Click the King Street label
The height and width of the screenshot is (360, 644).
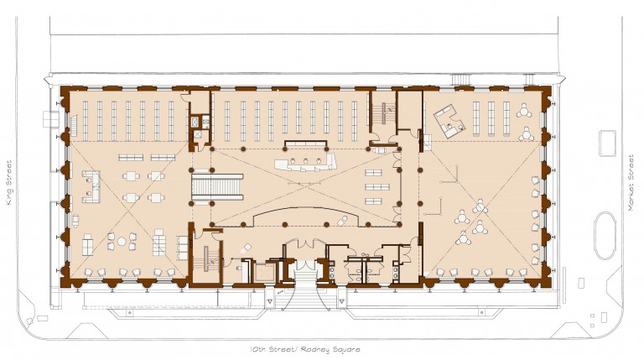point(8,182)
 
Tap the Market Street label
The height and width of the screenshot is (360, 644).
point(631,182)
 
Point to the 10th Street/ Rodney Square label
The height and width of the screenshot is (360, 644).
point(305,350)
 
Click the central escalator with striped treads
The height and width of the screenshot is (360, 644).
point(218,187)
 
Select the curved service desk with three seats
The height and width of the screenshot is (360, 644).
point(305,162)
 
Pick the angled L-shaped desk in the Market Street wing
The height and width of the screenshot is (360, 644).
point(449,121)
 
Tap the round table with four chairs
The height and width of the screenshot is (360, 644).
point(122,241)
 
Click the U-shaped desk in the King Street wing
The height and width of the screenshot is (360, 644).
point(91,187)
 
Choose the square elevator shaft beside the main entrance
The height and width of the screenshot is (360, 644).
point(263,273)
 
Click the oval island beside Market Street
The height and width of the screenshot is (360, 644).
point(605,236)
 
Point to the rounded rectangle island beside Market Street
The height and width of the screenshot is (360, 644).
point(607,143)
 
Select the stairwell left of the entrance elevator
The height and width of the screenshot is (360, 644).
point(207,258)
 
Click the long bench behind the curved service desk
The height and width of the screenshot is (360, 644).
point(306,143)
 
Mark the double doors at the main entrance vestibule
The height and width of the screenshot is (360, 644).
point(305,243)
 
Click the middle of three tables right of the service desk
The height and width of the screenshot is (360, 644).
point(377,187)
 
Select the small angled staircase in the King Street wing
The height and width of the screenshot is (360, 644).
point(74,126)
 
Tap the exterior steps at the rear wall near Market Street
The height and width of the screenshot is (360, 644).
point(460,79)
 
